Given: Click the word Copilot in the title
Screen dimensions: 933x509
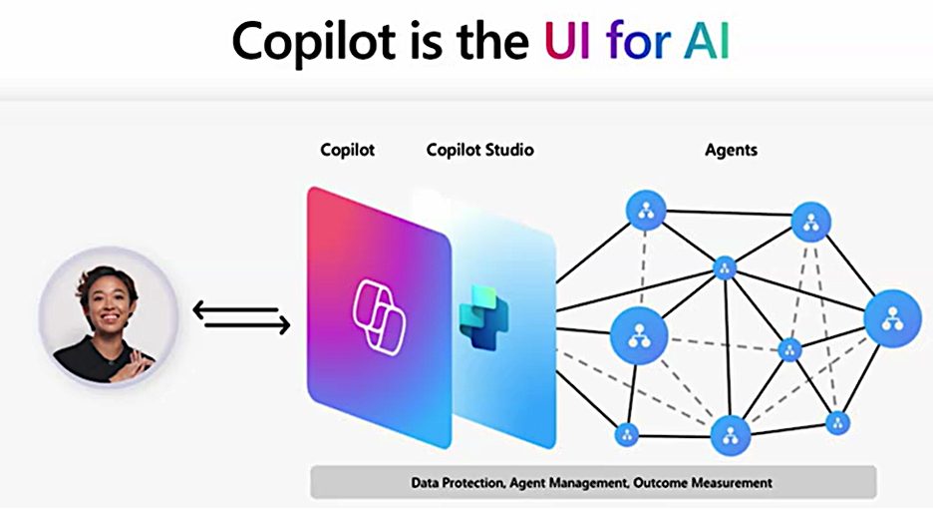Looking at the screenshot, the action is (314, 42).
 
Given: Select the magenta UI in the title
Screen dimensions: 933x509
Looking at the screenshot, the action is (567, 41).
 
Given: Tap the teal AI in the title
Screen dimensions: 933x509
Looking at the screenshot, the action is (707, 41).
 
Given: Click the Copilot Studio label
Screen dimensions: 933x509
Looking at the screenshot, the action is (479, 149).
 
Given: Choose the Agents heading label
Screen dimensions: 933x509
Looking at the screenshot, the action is (731, 150).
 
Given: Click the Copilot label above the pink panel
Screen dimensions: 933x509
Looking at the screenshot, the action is (348, 149).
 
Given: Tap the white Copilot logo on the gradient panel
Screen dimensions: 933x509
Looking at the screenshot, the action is (379, 317).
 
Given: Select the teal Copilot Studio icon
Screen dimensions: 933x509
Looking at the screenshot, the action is (483, 317).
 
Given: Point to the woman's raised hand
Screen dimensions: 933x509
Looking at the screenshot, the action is (135, 362).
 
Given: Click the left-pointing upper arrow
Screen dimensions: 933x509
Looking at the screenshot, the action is (235, 309).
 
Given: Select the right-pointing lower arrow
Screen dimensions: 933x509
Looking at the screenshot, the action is (247, 325).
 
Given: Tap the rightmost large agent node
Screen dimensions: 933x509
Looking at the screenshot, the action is (892, 318).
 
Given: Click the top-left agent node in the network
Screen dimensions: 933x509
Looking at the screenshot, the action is (646, 211).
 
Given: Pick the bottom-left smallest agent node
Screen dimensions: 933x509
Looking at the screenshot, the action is (626, 434).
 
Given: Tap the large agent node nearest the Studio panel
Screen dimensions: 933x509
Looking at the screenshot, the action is (639, 335).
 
